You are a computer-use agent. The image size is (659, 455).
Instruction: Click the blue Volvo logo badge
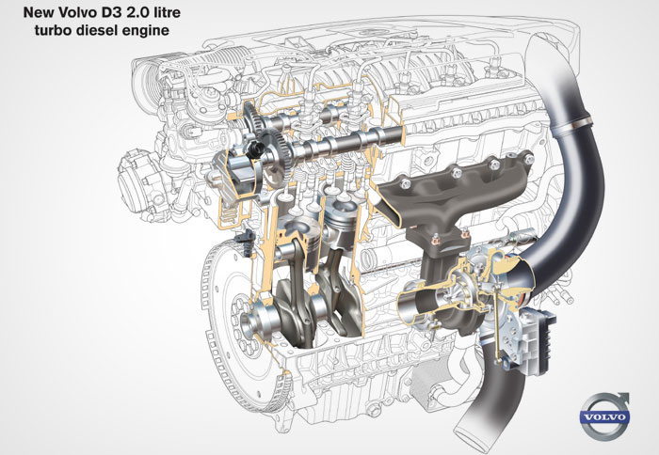click(x=604, y=417)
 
